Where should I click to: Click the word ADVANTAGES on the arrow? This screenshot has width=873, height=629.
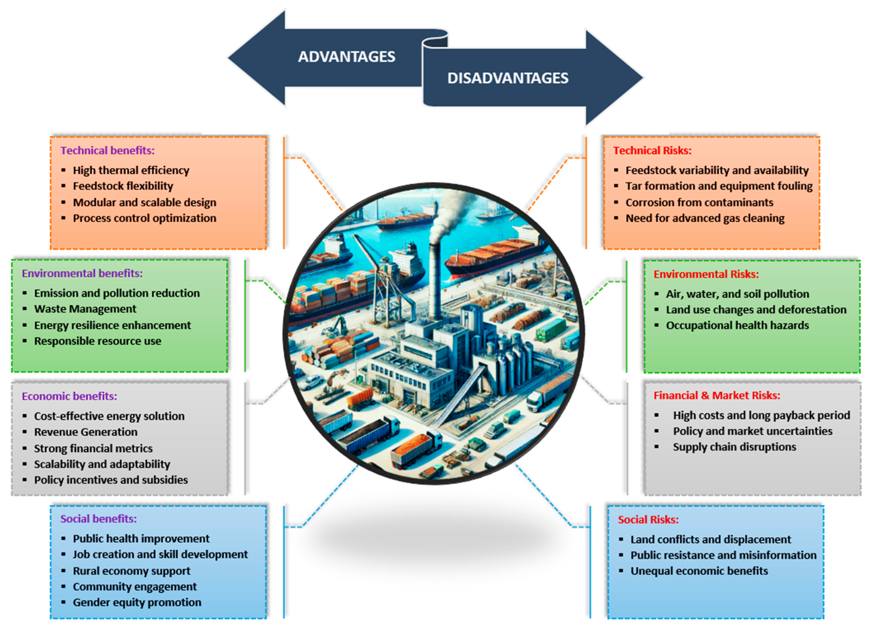pos(346,57)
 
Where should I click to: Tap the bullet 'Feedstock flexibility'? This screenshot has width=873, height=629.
pos(123,186)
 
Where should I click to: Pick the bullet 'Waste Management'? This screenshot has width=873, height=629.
pos(85,309)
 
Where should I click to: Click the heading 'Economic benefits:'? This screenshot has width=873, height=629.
pos(69,396)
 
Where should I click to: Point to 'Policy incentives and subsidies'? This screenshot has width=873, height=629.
pos(111,480)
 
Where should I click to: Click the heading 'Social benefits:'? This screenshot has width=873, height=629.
pos(98,519)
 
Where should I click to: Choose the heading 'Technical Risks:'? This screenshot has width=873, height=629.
pos(652,151)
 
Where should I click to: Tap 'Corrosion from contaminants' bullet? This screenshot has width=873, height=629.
pos(699,202)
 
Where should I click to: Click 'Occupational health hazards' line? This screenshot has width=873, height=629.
pos(737,326)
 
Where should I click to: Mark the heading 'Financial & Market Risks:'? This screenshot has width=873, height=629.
pos(717,396)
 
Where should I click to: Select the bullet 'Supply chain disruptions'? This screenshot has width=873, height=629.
pos(734,447)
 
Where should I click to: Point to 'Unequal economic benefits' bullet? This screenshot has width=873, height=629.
pos(699,571)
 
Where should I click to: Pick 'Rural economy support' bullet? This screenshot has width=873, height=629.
pos(131,571)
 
